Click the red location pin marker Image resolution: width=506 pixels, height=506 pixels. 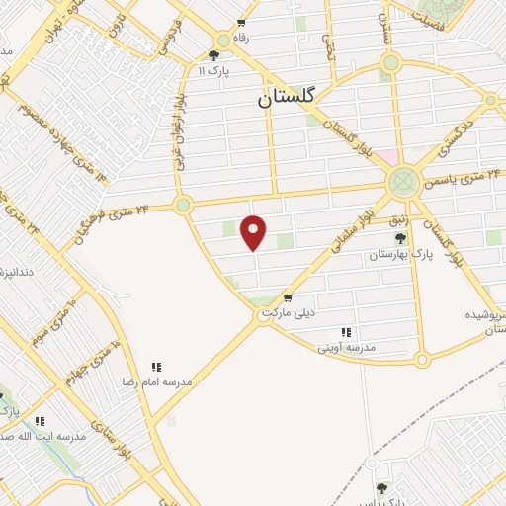pos(254,232)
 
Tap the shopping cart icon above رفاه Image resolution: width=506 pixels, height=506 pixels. pos(240,22)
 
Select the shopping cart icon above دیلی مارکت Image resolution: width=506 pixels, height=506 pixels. pos(287,298)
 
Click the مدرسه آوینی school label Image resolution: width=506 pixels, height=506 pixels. pos(346,347)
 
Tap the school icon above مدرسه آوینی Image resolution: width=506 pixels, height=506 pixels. pos(345,332)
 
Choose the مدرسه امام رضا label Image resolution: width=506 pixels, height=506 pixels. pos(156,379)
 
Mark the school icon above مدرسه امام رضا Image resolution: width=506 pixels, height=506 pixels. pos(156,366)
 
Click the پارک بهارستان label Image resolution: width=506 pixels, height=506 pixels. pos(400,254)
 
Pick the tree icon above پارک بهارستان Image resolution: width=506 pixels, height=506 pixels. pos(399,238)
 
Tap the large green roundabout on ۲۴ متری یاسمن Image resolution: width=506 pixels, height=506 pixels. pos(402,181)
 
